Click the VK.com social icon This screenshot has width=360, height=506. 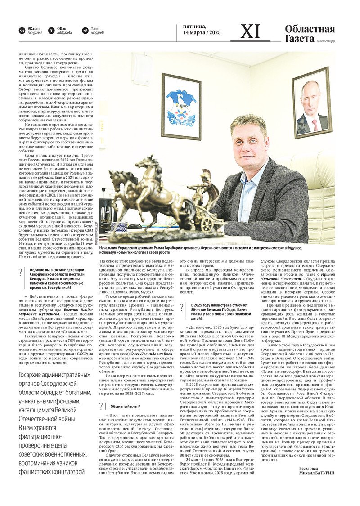pyautogui.click(x=22, y=31)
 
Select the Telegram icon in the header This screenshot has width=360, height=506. pyautogui.click(x=85, y=31)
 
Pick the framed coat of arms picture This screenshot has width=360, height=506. pyautogui.click(x=181, y=106)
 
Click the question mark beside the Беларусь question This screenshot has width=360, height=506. pyautogui.click(x=21, y=272)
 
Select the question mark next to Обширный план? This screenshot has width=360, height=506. pyautogui.click(x=102, y=407)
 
